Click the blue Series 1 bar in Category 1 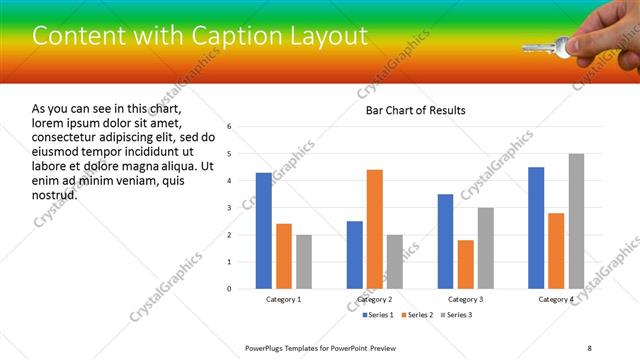coord(263,231)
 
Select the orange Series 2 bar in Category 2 coord(375,229)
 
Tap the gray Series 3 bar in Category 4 coord(576,221)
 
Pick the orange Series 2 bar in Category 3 coord(465,264)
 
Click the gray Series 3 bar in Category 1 coord(303,262)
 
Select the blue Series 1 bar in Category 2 coord(355,255)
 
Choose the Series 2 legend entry coord(417,316)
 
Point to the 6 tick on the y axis coord(230,127)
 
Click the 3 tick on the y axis coord(230,208)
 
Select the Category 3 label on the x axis coord(465,300)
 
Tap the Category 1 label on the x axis coord(283,300)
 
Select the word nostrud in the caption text coord(54,194)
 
